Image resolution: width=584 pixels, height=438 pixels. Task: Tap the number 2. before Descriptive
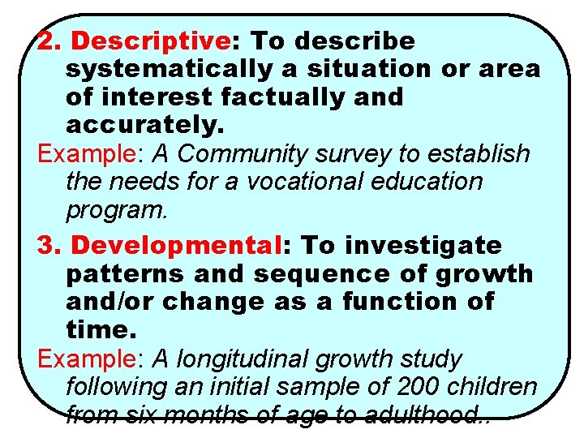(50, 41)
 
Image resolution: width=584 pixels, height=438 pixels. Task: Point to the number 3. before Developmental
(50, 245)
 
